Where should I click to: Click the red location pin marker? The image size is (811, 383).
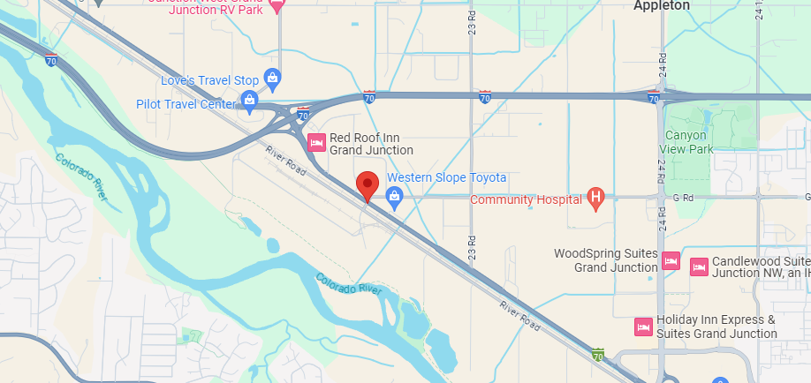tap(368, 186)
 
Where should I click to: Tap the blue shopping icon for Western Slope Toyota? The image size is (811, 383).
tap(395, 198)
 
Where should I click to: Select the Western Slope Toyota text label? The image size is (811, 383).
tap(446, 177)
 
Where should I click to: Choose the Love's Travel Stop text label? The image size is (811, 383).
tap(209, 80)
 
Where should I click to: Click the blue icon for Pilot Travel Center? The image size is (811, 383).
tap(250, 103)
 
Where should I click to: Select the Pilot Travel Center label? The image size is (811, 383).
tap(186, 104)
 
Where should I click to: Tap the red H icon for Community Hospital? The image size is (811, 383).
tap(596, 199)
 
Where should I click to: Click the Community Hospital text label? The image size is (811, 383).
tap(526, 199)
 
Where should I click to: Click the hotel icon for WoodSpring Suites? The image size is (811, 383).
tap(671, 261)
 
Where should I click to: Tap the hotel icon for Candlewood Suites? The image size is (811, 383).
tap(699, 265)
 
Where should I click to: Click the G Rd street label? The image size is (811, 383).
tap(681, 199)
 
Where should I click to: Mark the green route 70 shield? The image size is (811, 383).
tap(597, 356)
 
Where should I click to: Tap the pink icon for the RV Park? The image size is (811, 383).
tap(276, 6)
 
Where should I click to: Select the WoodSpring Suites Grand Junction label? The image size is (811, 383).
tap(605, 259)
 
